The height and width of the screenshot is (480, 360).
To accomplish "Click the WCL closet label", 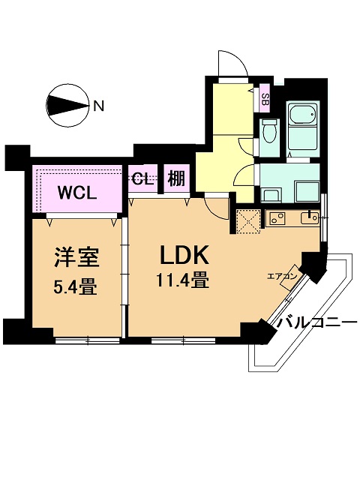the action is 77,193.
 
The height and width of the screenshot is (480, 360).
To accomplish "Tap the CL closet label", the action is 142,179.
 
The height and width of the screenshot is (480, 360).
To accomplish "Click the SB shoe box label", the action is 265,99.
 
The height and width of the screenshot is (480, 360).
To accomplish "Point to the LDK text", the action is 184,255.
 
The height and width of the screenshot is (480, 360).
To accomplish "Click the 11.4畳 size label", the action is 183,280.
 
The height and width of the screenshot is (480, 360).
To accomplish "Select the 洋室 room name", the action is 76,257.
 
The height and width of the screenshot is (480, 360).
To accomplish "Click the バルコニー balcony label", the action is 318,322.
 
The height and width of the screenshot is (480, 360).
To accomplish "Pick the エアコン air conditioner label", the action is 282,277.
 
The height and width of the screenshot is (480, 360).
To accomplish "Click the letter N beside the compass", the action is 98,106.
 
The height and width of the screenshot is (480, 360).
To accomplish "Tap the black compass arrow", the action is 67,105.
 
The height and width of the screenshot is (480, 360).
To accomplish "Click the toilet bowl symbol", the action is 270,131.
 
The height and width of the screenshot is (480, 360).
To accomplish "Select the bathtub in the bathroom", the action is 302,115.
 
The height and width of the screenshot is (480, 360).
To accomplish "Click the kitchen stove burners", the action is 277,218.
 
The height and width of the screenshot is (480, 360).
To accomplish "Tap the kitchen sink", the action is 310,218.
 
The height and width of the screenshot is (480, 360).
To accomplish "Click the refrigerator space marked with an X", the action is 248,220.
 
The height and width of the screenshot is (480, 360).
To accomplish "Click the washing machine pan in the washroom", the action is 307,191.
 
